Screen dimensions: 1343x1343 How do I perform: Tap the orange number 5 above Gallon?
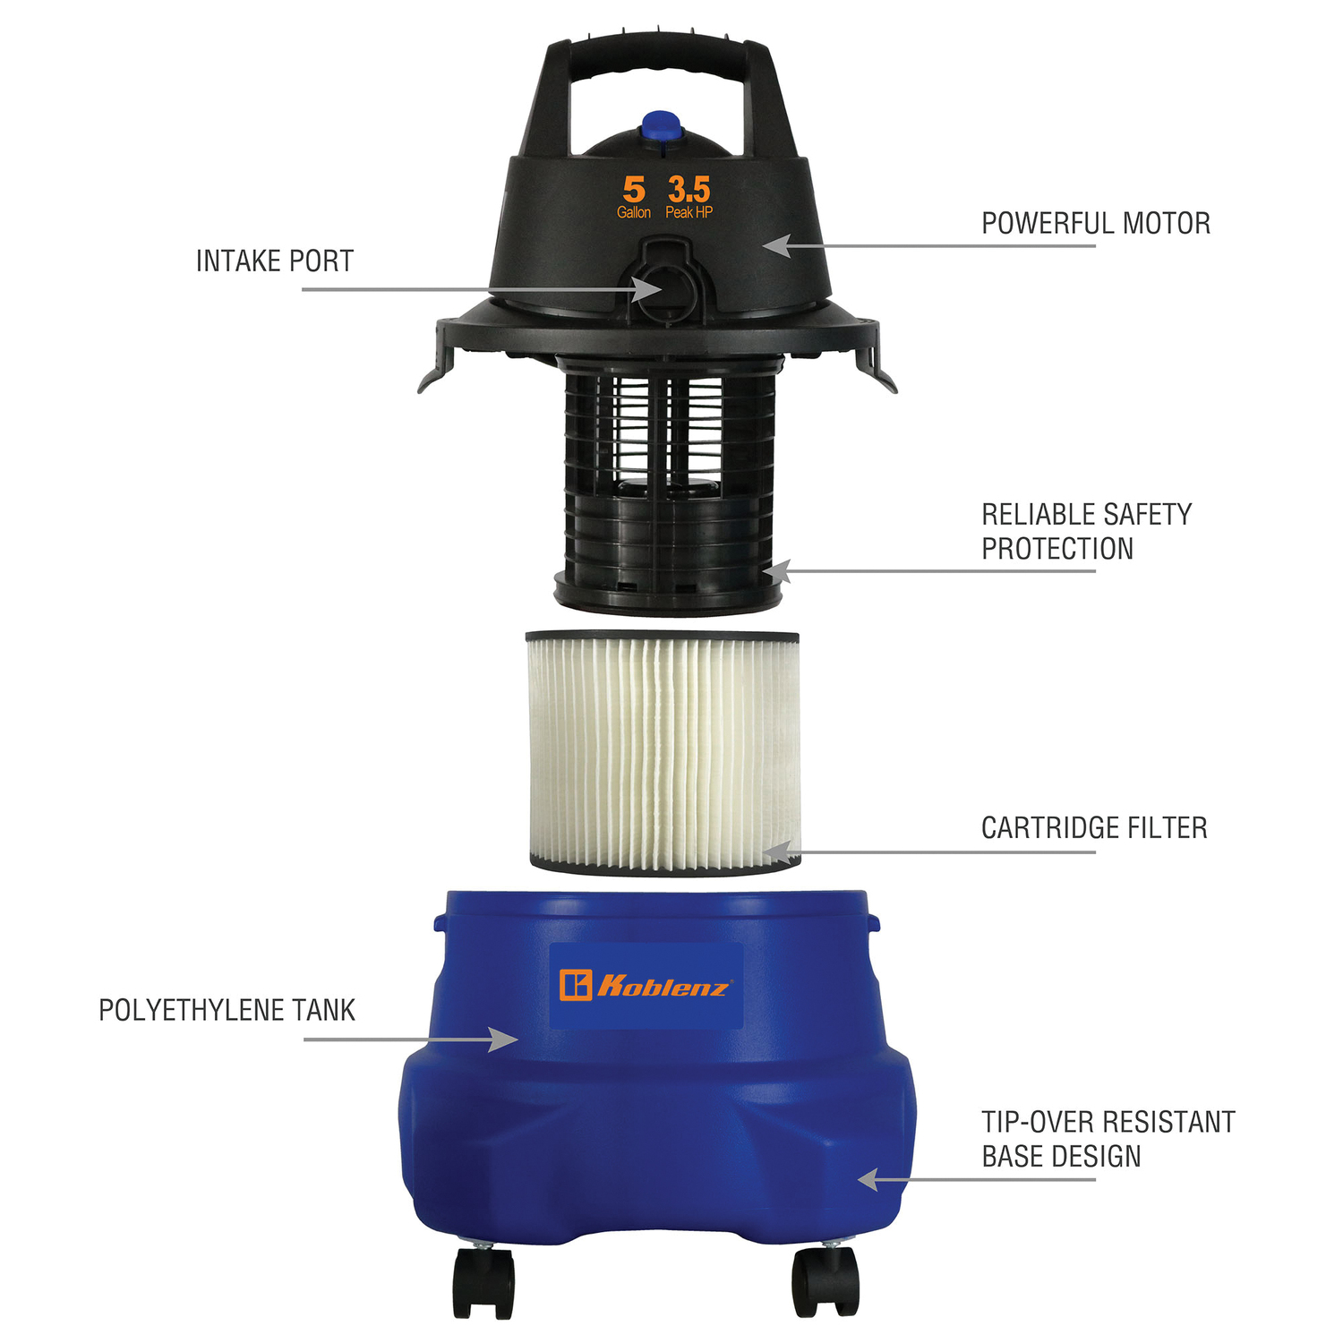point(634,189)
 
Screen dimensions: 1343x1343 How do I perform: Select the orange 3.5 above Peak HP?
point(689,189)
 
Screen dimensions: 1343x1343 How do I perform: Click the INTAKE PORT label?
point(275,261)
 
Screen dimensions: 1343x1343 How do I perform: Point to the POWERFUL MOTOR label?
point(1096,223)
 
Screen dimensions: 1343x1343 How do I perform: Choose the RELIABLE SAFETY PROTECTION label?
point(1087,531)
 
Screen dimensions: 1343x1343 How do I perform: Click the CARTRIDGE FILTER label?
point(1094,827)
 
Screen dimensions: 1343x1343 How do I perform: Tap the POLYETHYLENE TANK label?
point(227,1010)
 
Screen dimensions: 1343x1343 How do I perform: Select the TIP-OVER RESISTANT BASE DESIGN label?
point(1108,1139)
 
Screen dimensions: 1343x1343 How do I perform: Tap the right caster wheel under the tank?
point(825,1279)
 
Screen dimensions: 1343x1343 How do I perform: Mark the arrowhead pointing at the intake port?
point(646,289)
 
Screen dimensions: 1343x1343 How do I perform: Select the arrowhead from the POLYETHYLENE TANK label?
point(503,1039)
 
